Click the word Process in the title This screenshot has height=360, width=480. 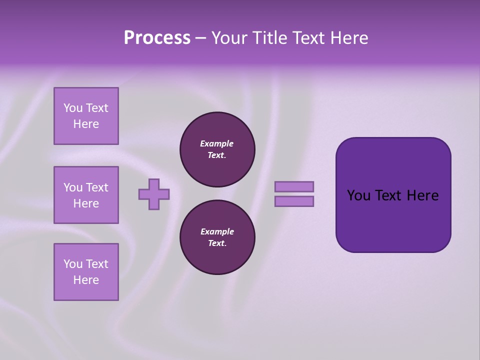(x=157, y=38)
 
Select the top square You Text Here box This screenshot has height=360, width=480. (x=86, y=116)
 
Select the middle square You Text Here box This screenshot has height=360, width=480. (x=86, y=195)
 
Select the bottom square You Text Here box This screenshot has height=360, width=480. (x=86, y=272)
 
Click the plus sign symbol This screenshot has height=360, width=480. (x=154, y=194)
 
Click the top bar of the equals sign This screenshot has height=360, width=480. (x=294, y=186)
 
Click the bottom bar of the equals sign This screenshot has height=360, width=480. (x=294, y=201)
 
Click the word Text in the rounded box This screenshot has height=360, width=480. (x=388, y=195)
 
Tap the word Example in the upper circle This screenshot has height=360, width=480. (x=217, y=143)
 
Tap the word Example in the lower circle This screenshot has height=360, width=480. (x=217, y=231)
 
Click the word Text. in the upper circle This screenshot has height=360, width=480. (x=217, y=155)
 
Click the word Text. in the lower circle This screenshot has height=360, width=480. (x=217, y=243)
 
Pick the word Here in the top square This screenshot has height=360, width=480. (x=86, y=124)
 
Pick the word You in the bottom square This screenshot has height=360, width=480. (x=73, y=264)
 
